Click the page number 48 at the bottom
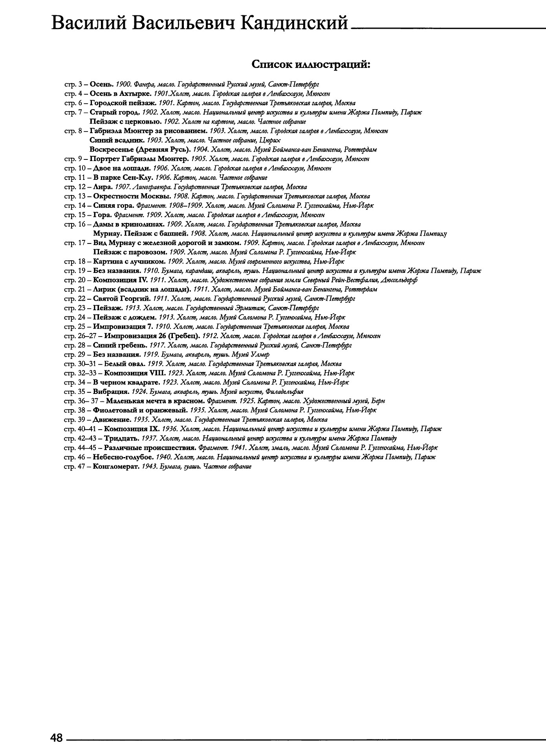point(57,738)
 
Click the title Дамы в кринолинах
point(128,224)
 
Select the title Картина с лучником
point(129,262)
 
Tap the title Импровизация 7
point(123,327)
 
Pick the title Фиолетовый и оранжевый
point(140,410)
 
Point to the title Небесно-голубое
point(123,457)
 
